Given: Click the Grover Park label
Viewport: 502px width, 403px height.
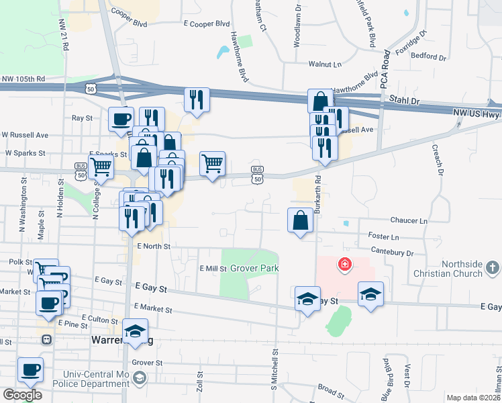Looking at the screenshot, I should click(x=254, y=269).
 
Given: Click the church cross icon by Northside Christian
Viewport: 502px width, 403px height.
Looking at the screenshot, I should click(x=492, y=268).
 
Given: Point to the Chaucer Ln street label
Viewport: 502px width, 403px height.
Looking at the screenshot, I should click(x=408, y=220).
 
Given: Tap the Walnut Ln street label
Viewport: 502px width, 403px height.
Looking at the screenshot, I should click(x=325, y=64).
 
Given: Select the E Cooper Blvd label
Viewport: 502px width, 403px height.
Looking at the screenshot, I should click(x=207, y=24).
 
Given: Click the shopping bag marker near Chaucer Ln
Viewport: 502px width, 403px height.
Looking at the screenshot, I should click(x=300, y=220).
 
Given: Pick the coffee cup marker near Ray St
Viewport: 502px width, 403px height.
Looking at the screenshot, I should click(x=121, y=120).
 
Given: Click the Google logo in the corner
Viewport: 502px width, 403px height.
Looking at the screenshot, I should click(x=21, y=394).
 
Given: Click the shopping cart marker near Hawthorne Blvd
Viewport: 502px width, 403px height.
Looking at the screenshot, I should click(x=212, y=163).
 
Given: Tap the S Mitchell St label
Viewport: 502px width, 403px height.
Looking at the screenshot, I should click(x=274, y=369).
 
